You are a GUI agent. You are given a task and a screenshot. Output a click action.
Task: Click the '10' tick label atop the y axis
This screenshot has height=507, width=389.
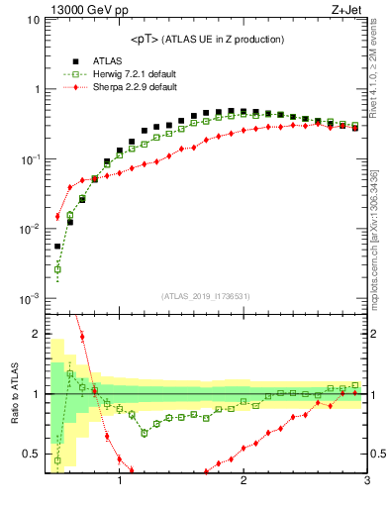point(31,20)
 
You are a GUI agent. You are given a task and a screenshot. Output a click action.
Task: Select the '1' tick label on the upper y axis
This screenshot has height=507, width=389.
point(34,89)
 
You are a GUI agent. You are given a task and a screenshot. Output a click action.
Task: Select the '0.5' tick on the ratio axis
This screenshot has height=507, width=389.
point(30,455)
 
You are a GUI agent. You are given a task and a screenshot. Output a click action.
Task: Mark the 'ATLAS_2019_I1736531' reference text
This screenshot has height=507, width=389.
point(206,295)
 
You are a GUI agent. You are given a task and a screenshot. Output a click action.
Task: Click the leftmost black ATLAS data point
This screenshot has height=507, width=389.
point(57,247)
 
